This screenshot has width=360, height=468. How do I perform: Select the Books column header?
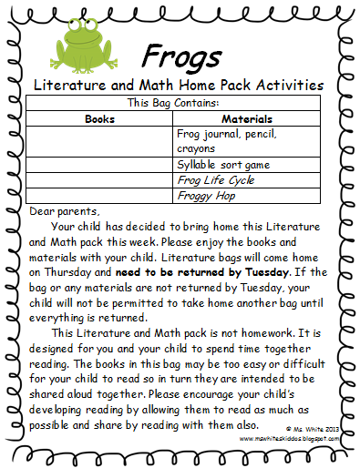pos(101,118)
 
